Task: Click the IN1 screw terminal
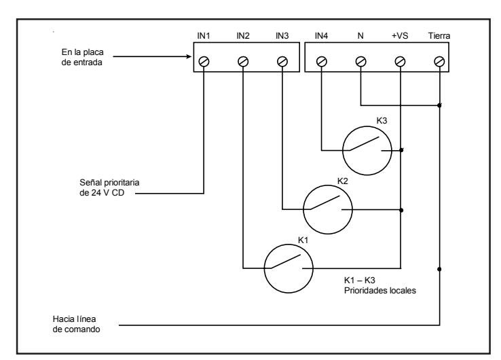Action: pos(204,61)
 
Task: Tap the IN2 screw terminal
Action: pos(243,61)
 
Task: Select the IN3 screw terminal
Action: pos(282,61)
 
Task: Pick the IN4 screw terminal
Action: pos(321,61)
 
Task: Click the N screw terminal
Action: pos(360,61)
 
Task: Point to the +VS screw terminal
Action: pos(400,61)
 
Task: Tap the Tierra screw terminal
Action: pos(439,61)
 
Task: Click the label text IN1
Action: pos(204,36)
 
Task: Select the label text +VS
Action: pos(400,36)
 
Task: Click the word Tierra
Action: pos(439,36)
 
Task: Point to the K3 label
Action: pos(382,120)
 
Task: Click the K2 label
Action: pos(343,181)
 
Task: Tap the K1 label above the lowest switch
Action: pos(303,240)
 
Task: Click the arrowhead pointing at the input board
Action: pos(189,56)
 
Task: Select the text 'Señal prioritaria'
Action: pos(109,183)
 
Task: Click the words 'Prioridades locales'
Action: pos(380,291)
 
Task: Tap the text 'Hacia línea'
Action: pos(74,319)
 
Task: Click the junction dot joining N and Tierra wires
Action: pos(439,105)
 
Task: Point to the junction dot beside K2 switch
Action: pos(401,210)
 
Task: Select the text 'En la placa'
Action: pos(82,52)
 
